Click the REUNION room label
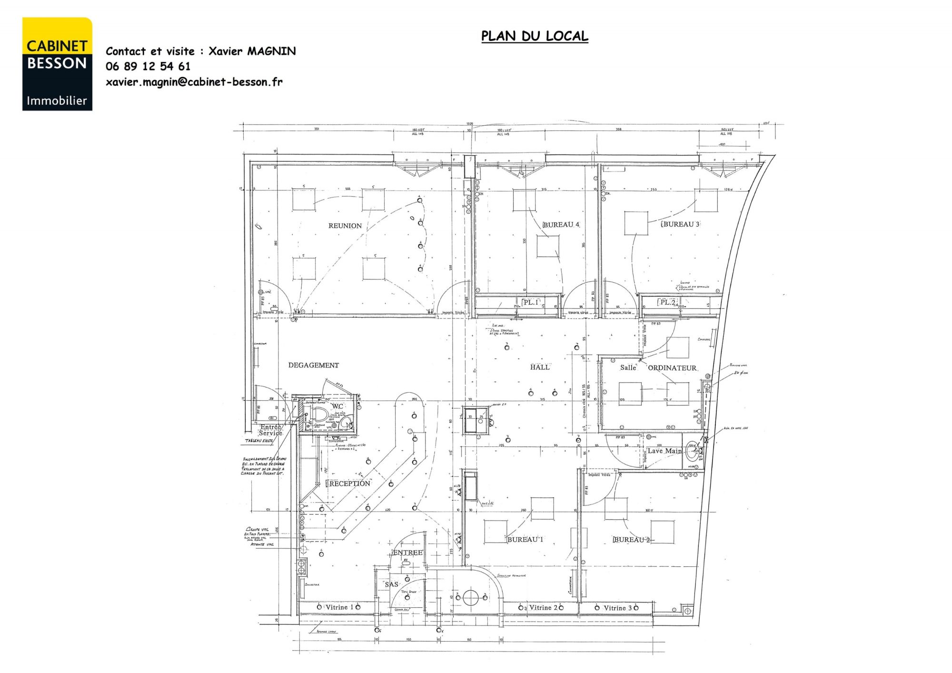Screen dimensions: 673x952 coord(345,226)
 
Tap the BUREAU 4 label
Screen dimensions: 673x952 coord(561,225)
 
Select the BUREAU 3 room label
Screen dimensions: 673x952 coord(681,224)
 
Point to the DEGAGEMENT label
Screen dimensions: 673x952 coord(313,365)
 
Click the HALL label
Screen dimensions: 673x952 coord(540,367)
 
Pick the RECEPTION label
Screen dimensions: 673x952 coord(349,484)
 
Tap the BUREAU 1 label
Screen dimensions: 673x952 coord(525,539)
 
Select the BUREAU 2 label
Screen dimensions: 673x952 coord(632,540)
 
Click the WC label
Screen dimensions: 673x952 coord(337,406)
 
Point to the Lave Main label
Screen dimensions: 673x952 coord(664,451)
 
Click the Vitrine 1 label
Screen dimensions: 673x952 coord(339,607)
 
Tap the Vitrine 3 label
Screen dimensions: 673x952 coord(617,608)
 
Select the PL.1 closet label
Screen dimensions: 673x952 coord(530,302)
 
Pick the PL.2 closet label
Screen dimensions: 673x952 coord(667,302)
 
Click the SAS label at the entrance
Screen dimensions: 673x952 coord(391,584)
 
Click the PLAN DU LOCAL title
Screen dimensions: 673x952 coord(535,36)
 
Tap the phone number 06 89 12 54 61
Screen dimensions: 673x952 coord(148,66)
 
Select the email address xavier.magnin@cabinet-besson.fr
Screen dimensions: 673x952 coord(194,82)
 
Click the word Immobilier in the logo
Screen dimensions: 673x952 coord(57,101)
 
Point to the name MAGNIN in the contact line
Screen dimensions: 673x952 coord(271,51)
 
